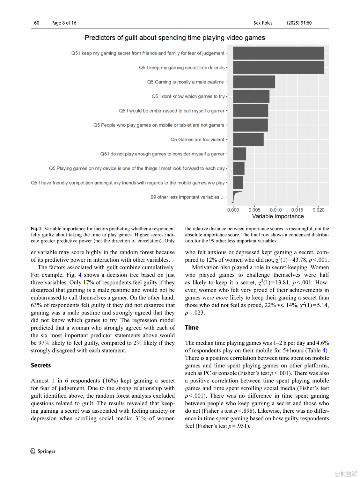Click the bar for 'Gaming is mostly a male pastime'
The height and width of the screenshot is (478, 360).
click(x=254, y=82)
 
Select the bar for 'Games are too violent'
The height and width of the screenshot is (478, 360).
click(x=248, y=140)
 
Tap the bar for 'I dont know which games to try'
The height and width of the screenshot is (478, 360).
click(x=251, y=96)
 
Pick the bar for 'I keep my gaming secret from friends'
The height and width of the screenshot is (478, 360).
click(x=278, y=68)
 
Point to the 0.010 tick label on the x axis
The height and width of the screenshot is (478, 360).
click(x=276, y=210)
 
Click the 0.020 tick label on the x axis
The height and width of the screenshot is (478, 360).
click(x=318, y=210)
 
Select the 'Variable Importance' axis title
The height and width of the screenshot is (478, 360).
click(x=278, y=216)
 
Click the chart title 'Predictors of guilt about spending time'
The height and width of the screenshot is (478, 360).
click(x=175, y=38)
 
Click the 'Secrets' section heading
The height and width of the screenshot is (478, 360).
click(x=41, y=366)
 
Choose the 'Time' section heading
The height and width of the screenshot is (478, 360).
click(x=192, y=328)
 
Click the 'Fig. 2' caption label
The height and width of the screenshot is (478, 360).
click(x=36, y=229)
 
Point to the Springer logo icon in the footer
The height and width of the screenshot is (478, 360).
click(x=33, y=451)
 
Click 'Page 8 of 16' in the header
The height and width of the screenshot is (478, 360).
click(x=64, y=23)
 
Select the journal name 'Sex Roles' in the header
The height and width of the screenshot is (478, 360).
click(x=263, y=23)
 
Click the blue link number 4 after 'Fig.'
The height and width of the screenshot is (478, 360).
click(x=80, y=275)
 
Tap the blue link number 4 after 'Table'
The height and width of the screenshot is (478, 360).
click(x=324, y=351)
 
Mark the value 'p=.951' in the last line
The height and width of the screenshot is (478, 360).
click(x=238, y=426)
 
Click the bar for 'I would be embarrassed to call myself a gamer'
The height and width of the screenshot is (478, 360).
click(x=250, y=111)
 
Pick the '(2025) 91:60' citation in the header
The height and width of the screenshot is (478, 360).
click(x=299, y=23)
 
